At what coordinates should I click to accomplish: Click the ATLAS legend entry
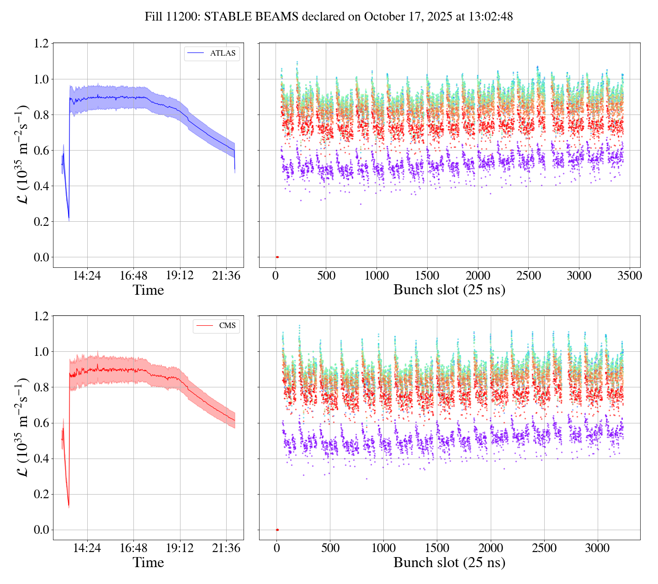[x=212, y=53]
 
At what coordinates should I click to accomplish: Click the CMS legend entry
[x=217, y=326]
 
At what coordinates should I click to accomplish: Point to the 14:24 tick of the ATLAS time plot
[x=87, y=276]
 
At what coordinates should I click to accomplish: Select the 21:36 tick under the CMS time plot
[x=226, y=548]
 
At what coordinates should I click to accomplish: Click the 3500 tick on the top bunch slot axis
[x=630, y=276]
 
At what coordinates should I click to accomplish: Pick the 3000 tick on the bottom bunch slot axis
[x=598, y=548]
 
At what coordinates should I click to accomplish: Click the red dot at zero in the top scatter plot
[x=277, y=257]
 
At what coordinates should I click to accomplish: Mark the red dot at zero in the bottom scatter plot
[x=277, y=530]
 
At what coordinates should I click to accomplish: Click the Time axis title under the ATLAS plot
[x=148, y=290]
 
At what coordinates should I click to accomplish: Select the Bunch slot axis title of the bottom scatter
[x=449, y=563]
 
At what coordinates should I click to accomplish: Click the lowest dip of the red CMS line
[x=69, y=506]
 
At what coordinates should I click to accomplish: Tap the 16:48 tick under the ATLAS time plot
[x=133, y=276]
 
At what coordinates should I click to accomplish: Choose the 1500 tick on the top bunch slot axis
[x=427, y=276]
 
